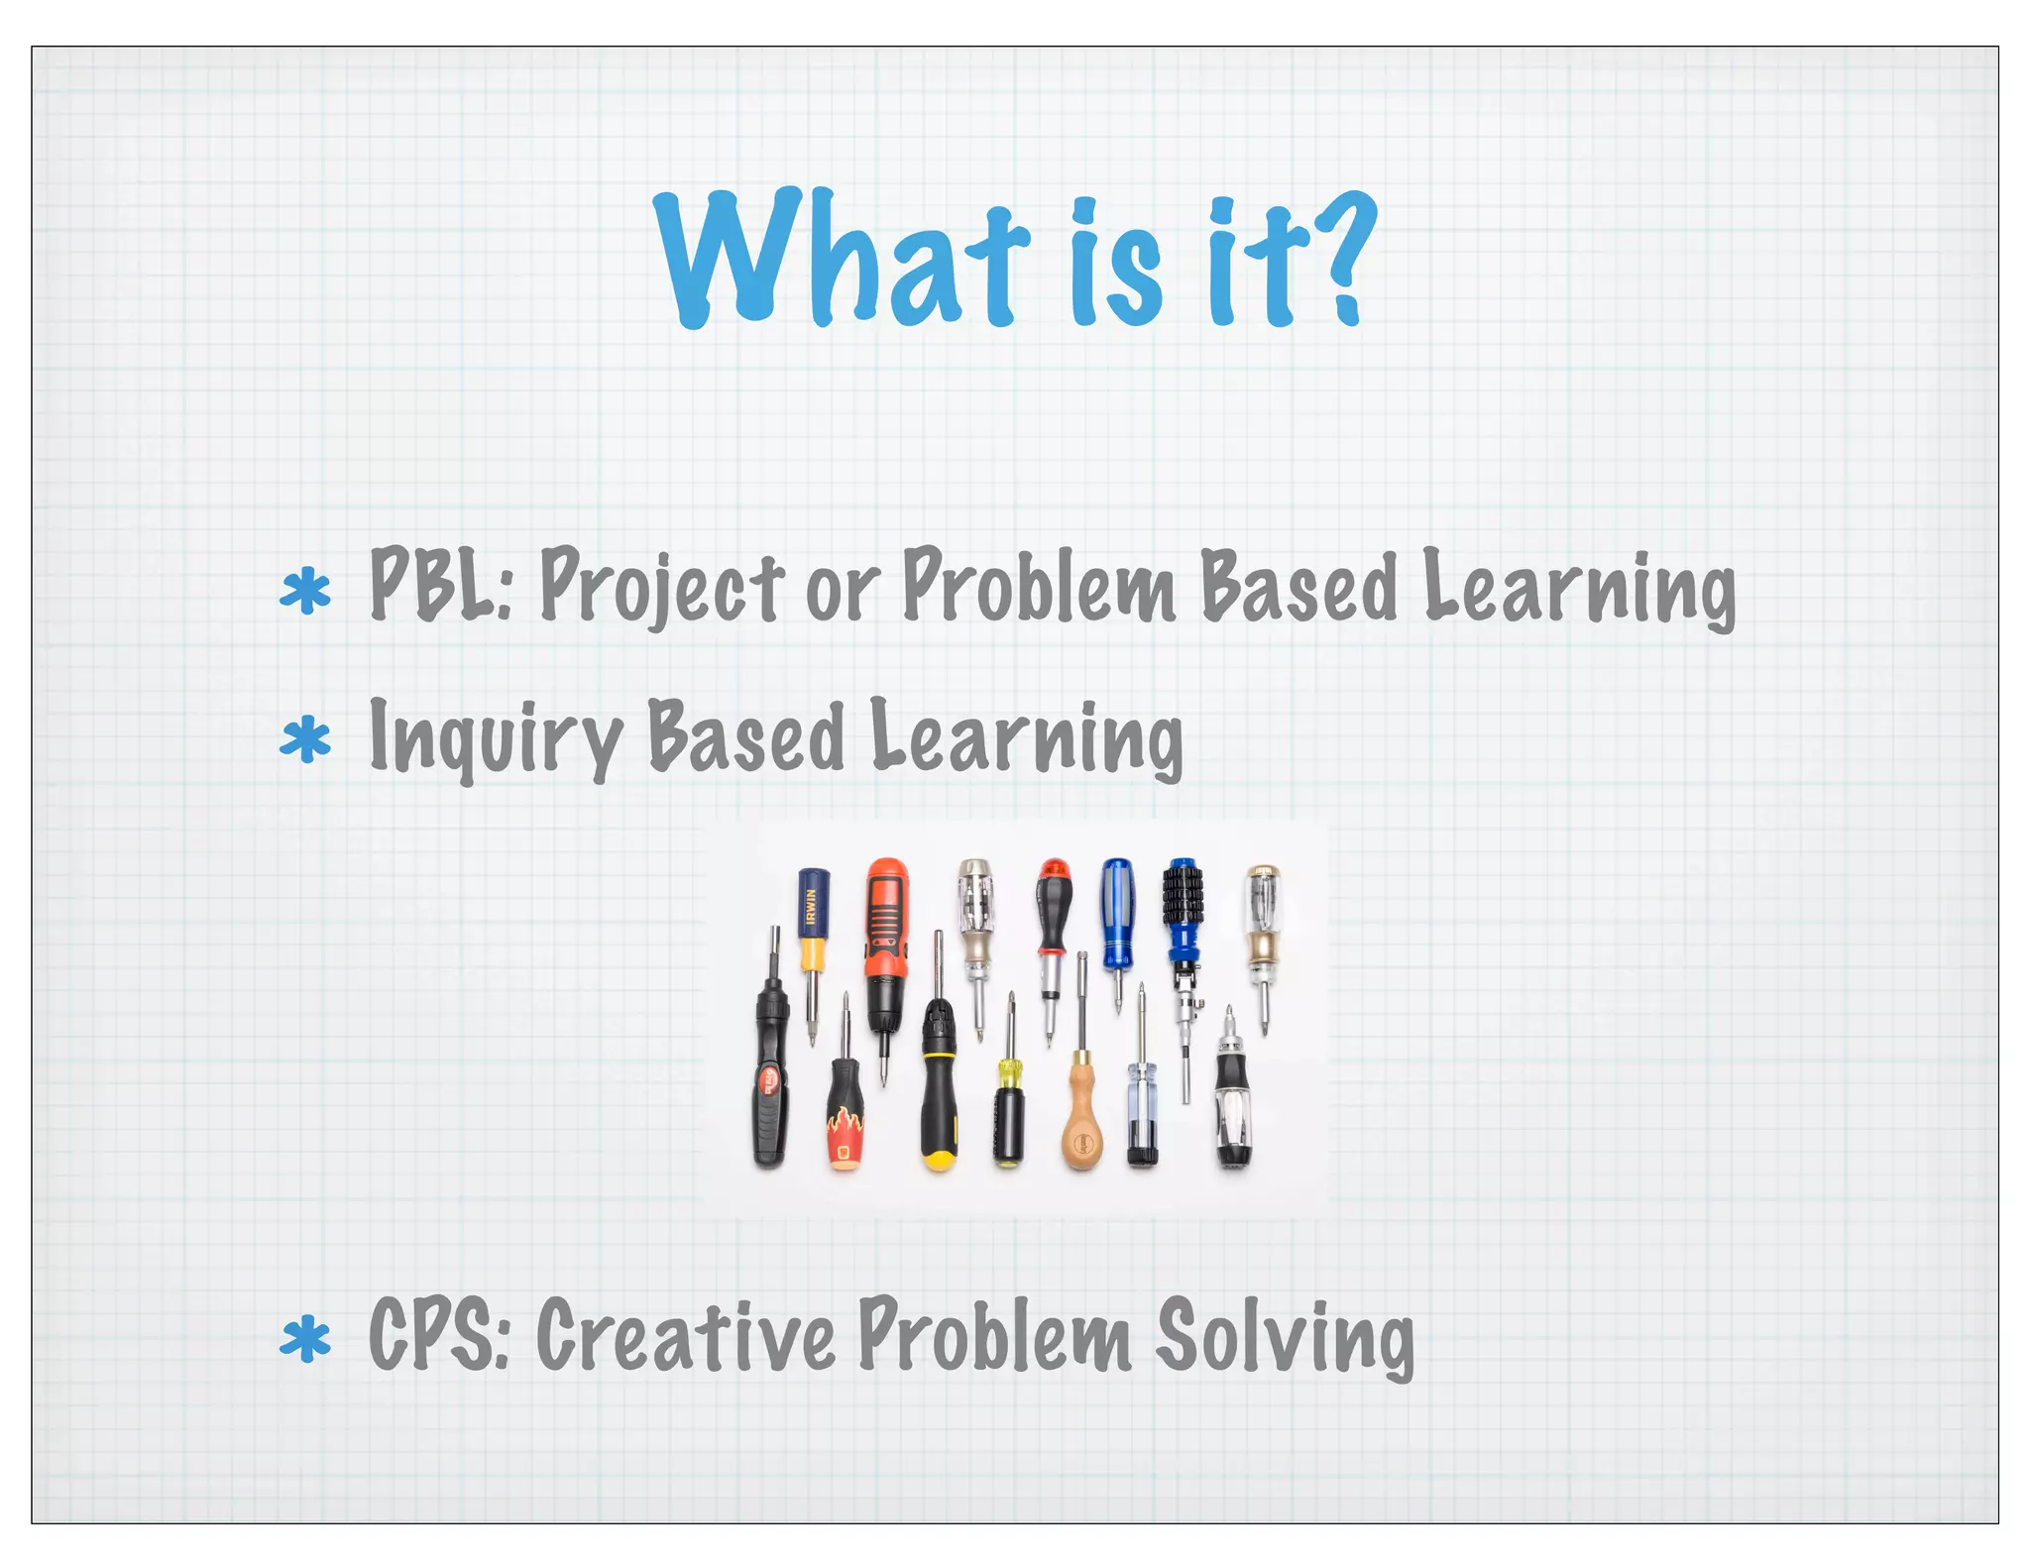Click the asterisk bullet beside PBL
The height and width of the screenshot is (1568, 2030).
pos(305,592)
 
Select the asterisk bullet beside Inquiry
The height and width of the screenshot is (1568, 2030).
pos(305,741)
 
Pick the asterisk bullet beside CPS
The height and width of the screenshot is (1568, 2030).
pos(305,1340)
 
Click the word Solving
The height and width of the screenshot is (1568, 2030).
pos(1285,1338)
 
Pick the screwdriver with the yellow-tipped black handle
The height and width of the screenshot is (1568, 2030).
pos(938,1090)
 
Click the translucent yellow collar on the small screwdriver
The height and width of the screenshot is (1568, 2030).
pos(1009,1071)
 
